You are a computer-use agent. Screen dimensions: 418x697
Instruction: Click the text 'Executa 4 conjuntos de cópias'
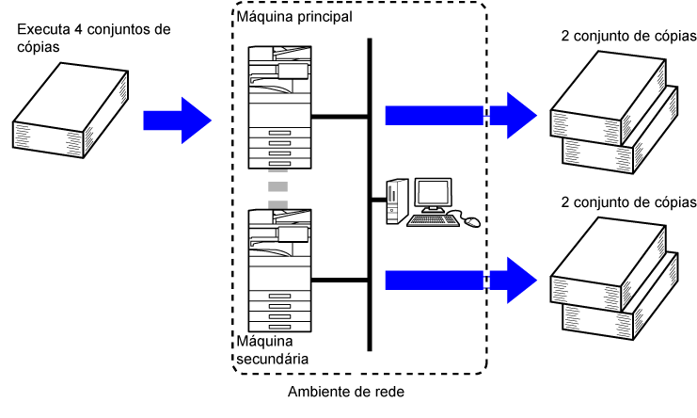[x=93, y=37]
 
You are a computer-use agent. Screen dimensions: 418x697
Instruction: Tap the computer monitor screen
[x=434, y=196]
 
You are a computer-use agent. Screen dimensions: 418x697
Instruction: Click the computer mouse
[x=471, y=222]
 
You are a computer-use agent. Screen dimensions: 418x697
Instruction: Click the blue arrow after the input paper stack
[x=176, y=120]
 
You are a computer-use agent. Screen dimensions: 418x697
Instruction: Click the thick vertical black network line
[x=370, y=188]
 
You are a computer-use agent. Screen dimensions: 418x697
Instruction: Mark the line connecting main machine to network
[x=340, y=117]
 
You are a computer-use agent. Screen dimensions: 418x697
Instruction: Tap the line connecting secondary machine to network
[x=340, y=280]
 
